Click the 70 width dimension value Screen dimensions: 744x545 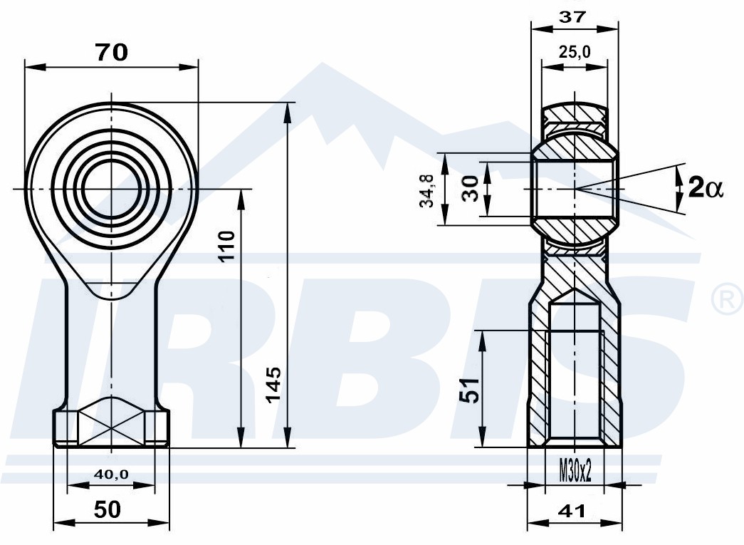(x=112, y=52)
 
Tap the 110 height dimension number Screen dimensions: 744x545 (x=228, y=245)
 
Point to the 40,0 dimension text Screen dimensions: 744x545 (x=111, y=474)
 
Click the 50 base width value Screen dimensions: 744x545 (x=108, y=509)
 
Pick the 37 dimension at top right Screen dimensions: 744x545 (x=572, y=18)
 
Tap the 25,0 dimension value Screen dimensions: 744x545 (x=574, y=52)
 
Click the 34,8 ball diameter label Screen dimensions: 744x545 (x=426, y=190)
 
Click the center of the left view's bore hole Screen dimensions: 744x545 (x=112, y=189)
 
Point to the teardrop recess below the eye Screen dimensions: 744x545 (x=112, y=289)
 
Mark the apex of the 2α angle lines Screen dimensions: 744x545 (x=575, y=189)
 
